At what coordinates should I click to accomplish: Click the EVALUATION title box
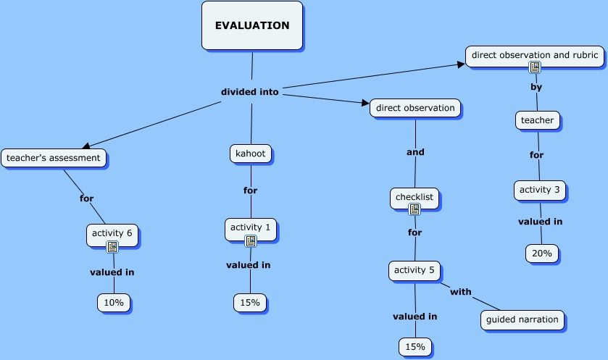[251, 25]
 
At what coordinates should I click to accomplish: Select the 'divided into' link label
[249, 92]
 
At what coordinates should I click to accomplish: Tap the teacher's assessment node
[54, 157]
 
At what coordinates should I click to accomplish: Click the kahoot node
[251, 154]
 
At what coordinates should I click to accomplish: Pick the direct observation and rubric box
[534, 55]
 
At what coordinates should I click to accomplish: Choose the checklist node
[415, 197]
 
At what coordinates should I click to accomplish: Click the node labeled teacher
[538, 120]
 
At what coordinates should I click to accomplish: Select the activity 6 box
[112, 233]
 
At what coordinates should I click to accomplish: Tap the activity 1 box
[250, 227]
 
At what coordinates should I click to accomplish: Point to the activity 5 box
[415, 271]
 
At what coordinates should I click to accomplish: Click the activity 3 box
[539, 190]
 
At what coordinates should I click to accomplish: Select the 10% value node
[114, 303]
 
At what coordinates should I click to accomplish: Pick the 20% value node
[542, 253]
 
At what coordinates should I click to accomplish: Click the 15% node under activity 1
[250, 303]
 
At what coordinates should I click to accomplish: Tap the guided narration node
[522, 319]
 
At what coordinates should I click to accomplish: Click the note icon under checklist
[415, 209]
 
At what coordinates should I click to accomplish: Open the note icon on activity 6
[112, 247]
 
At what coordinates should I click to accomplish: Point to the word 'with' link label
[461, 292]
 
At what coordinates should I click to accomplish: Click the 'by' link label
[536, 87]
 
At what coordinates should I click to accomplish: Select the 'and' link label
[415, 152]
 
